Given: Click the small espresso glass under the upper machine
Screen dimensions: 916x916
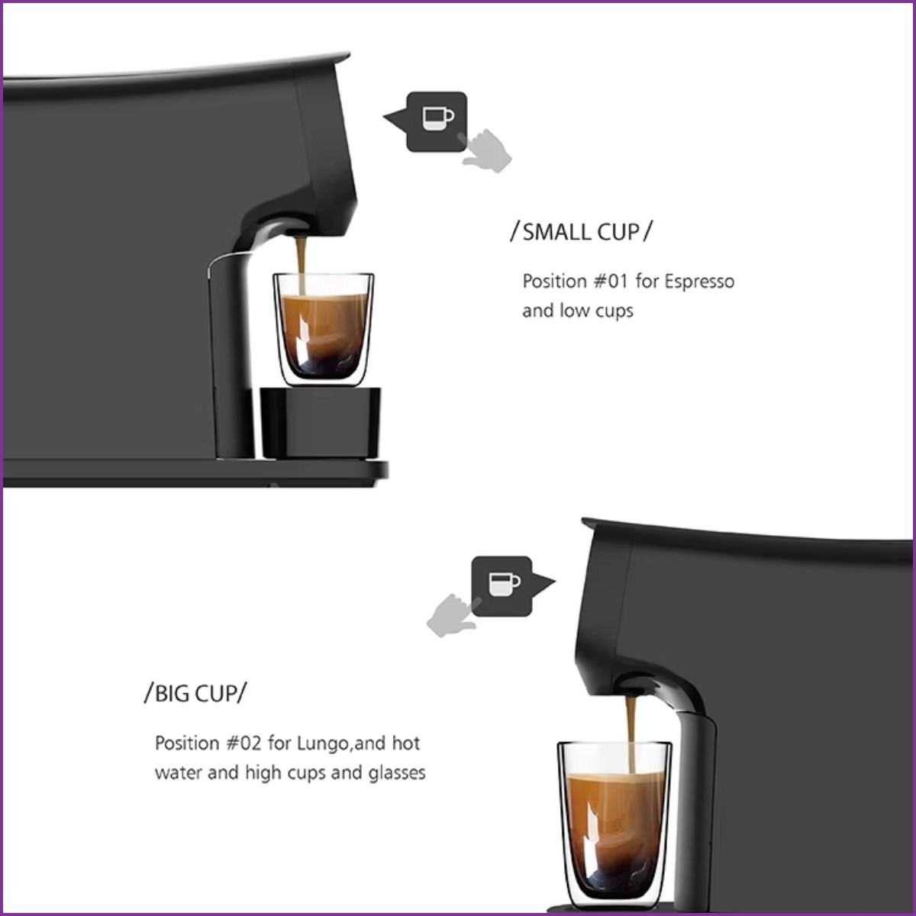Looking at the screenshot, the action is tap(323, 330).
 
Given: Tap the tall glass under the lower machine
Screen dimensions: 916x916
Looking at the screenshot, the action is tap(614, 821).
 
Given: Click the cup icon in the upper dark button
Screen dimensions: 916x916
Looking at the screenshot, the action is tap(438, 118).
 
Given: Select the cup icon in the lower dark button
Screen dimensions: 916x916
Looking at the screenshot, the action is tap(505, 584).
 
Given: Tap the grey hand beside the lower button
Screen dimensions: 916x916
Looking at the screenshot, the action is tap(453, 615).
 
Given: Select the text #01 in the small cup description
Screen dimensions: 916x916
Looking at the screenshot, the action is tap(611, 281).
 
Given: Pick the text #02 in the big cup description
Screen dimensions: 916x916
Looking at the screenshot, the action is tap(244, 743).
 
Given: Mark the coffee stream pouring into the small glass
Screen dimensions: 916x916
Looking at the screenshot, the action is tap(301, 265).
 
